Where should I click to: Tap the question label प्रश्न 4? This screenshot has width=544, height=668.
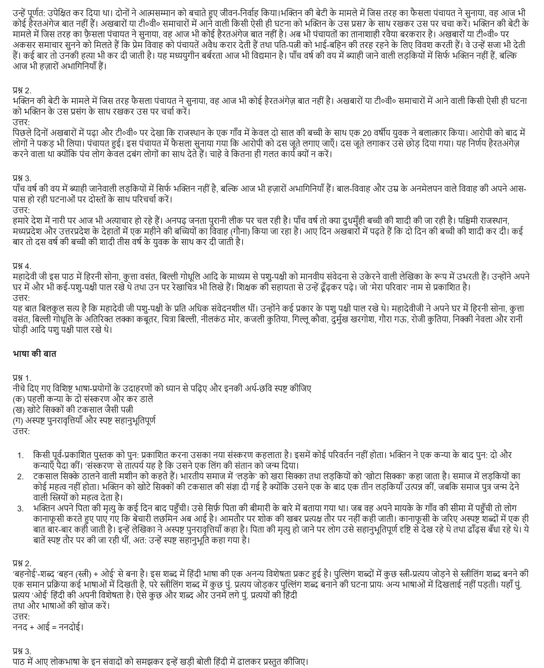click(22, 266)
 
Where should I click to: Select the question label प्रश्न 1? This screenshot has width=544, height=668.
click(22, 378)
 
